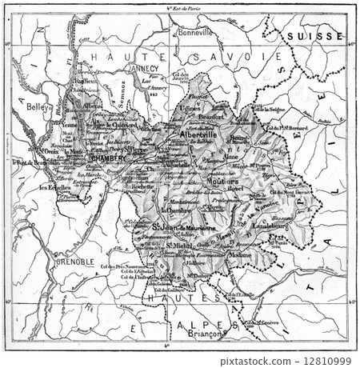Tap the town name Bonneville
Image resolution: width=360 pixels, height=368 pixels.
click(194, 33)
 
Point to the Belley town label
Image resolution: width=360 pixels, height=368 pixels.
click(37, 106)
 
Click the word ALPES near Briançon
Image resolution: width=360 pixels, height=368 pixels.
click(202, 326)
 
